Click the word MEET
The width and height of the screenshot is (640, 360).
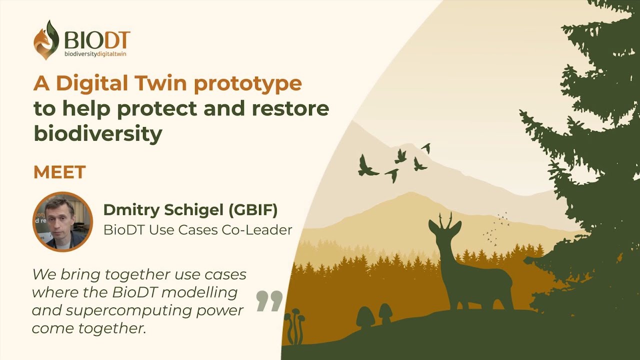[x=59, y=171]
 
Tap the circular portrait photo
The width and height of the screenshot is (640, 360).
[x=62, y=221]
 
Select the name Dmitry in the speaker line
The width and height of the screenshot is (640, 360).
[x=131, y=210]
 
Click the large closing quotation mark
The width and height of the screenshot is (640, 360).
[x=269, y=301]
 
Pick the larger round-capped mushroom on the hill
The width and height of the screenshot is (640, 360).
[x=365, y=316]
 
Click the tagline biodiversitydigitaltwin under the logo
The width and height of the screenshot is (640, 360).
[x=95, y=53]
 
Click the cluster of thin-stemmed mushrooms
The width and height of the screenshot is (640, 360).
[x=296, y=325]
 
